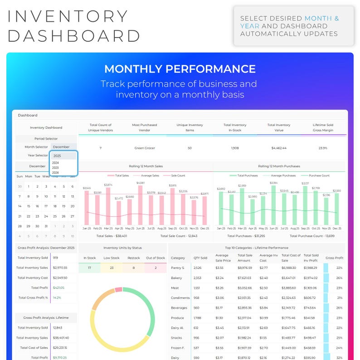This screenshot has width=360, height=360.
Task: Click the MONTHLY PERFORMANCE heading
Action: coord(180,69)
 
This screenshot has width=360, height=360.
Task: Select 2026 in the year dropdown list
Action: coord(56,172)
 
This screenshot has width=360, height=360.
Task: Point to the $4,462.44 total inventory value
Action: coord(279,148)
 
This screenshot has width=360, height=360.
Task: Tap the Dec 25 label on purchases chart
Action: coord(336,229)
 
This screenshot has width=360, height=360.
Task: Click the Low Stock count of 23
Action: coord(112,268)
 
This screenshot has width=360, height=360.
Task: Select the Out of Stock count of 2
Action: coord(156,268)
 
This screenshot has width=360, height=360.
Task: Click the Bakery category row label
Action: coord(176,278)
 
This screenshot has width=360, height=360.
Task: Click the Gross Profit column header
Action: coord(334,258)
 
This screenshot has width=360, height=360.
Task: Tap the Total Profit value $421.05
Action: coord(58,287)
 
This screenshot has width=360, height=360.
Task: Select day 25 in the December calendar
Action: coord(55,216)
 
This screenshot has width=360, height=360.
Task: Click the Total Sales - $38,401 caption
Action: coord(112,236)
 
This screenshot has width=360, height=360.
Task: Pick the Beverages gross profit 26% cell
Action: coord(339,308)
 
